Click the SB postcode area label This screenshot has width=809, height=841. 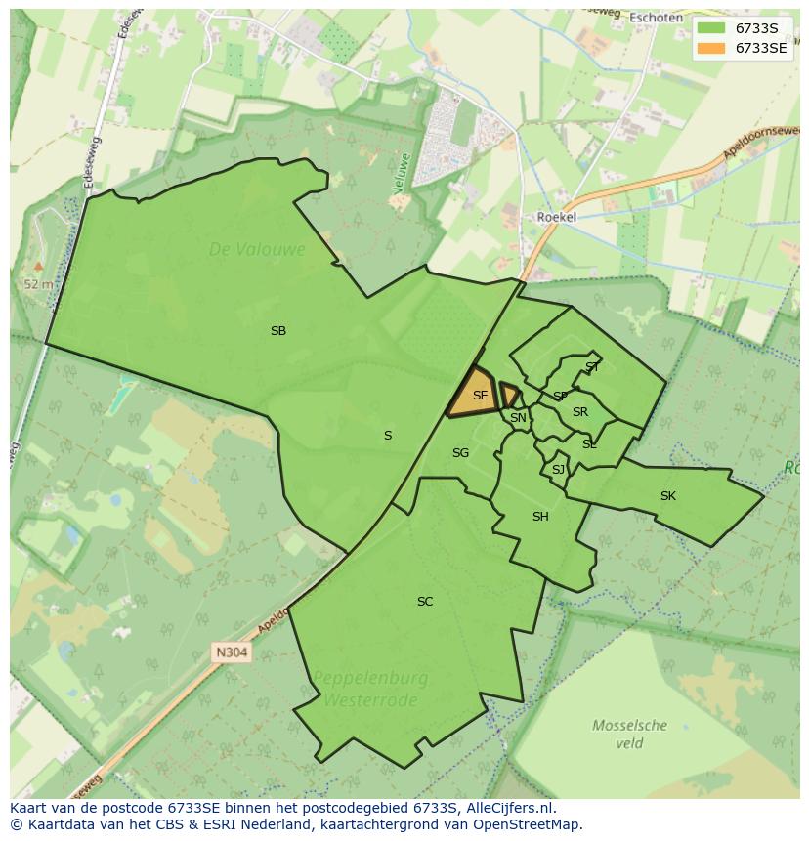pos(278,331)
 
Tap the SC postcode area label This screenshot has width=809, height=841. pos(425,602)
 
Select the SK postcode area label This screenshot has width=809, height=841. pos(668,496)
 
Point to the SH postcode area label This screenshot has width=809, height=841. pos(540,517)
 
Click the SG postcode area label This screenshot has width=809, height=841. pos(460,453)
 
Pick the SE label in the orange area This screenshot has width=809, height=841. pos(480,396)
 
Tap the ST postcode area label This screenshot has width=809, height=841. pos(592,367)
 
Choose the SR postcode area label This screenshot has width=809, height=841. pos(580,412)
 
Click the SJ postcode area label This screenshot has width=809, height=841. pos(558,470)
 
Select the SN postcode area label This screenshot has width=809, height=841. pos(518,418)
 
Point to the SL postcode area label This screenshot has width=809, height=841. pos(589,444)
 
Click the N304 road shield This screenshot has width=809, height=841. pos(233,652)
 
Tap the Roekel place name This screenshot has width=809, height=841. pos(556,218)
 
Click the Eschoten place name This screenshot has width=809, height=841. pos(656,18)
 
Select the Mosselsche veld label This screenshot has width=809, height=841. pos(630,734)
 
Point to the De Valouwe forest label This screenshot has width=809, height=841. pos(257,250)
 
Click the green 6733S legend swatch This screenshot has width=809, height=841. pos(711,28)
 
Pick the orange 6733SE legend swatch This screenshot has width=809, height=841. pos(711,48)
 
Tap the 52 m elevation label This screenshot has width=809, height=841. pos(38,284)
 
